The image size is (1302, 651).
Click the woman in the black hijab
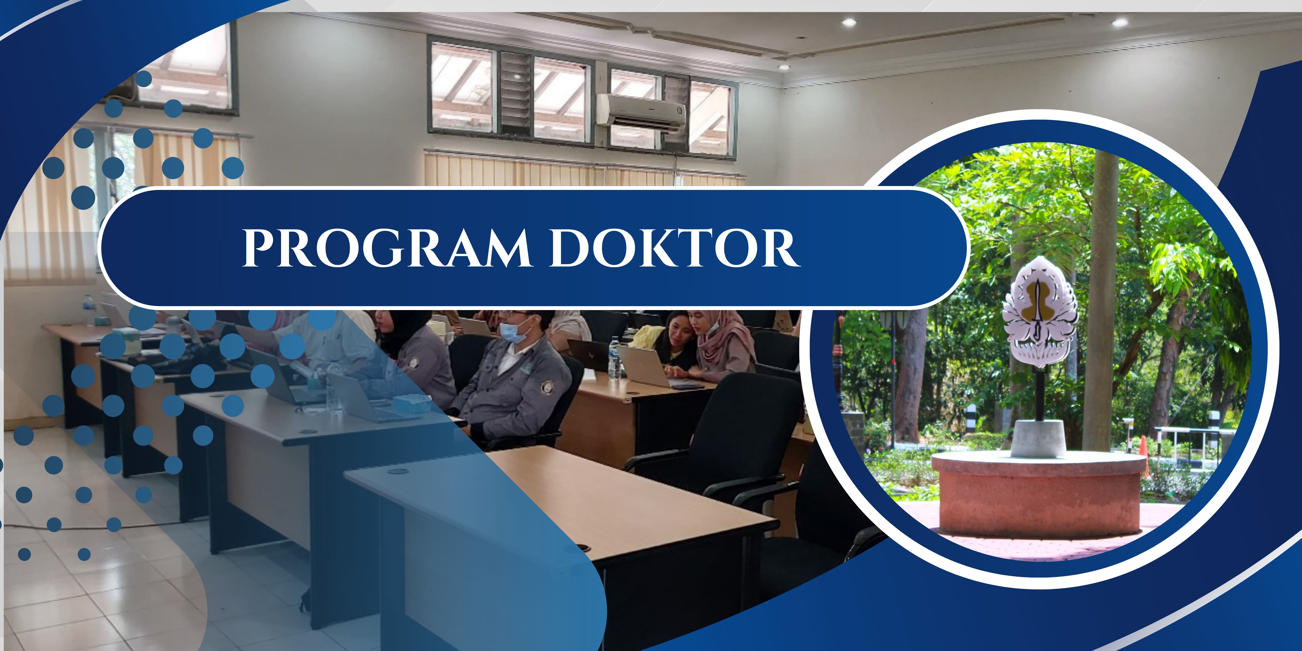[412, 354]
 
